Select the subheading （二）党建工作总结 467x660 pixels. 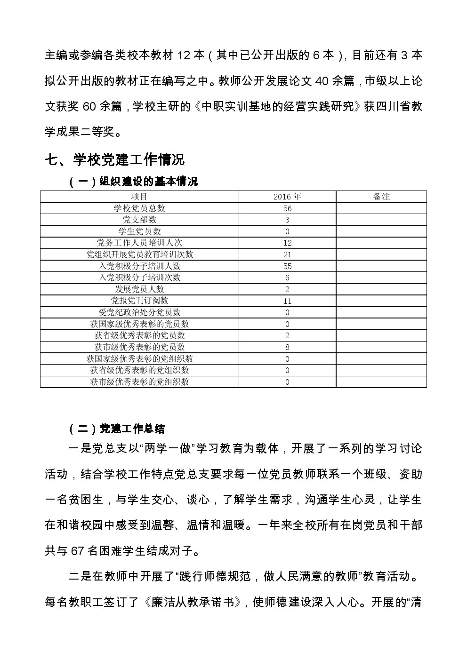pos(117,429)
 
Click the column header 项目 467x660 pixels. pos(139,197)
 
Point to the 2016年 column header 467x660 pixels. pos(287,197)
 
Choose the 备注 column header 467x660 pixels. pos(381,197)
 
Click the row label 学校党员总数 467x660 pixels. pos(139,208)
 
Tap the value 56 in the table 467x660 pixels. pos(287,208)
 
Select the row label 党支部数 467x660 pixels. pos(139,220)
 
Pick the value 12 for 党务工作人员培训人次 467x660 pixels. pos(287,243)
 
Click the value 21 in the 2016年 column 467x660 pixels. pos(287,254)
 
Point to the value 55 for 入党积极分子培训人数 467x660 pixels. pos(287,266)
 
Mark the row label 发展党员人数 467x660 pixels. pos(139,289)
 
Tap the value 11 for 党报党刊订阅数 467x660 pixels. pos(287,301)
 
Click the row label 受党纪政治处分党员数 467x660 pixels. pos(139,312)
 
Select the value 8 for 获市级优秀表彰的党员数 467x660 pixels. pos(287,347)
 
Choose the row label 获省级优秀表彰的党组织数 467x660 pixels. pos(139,370)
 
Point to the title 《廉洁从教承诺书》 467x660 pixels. pos(194,602)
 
